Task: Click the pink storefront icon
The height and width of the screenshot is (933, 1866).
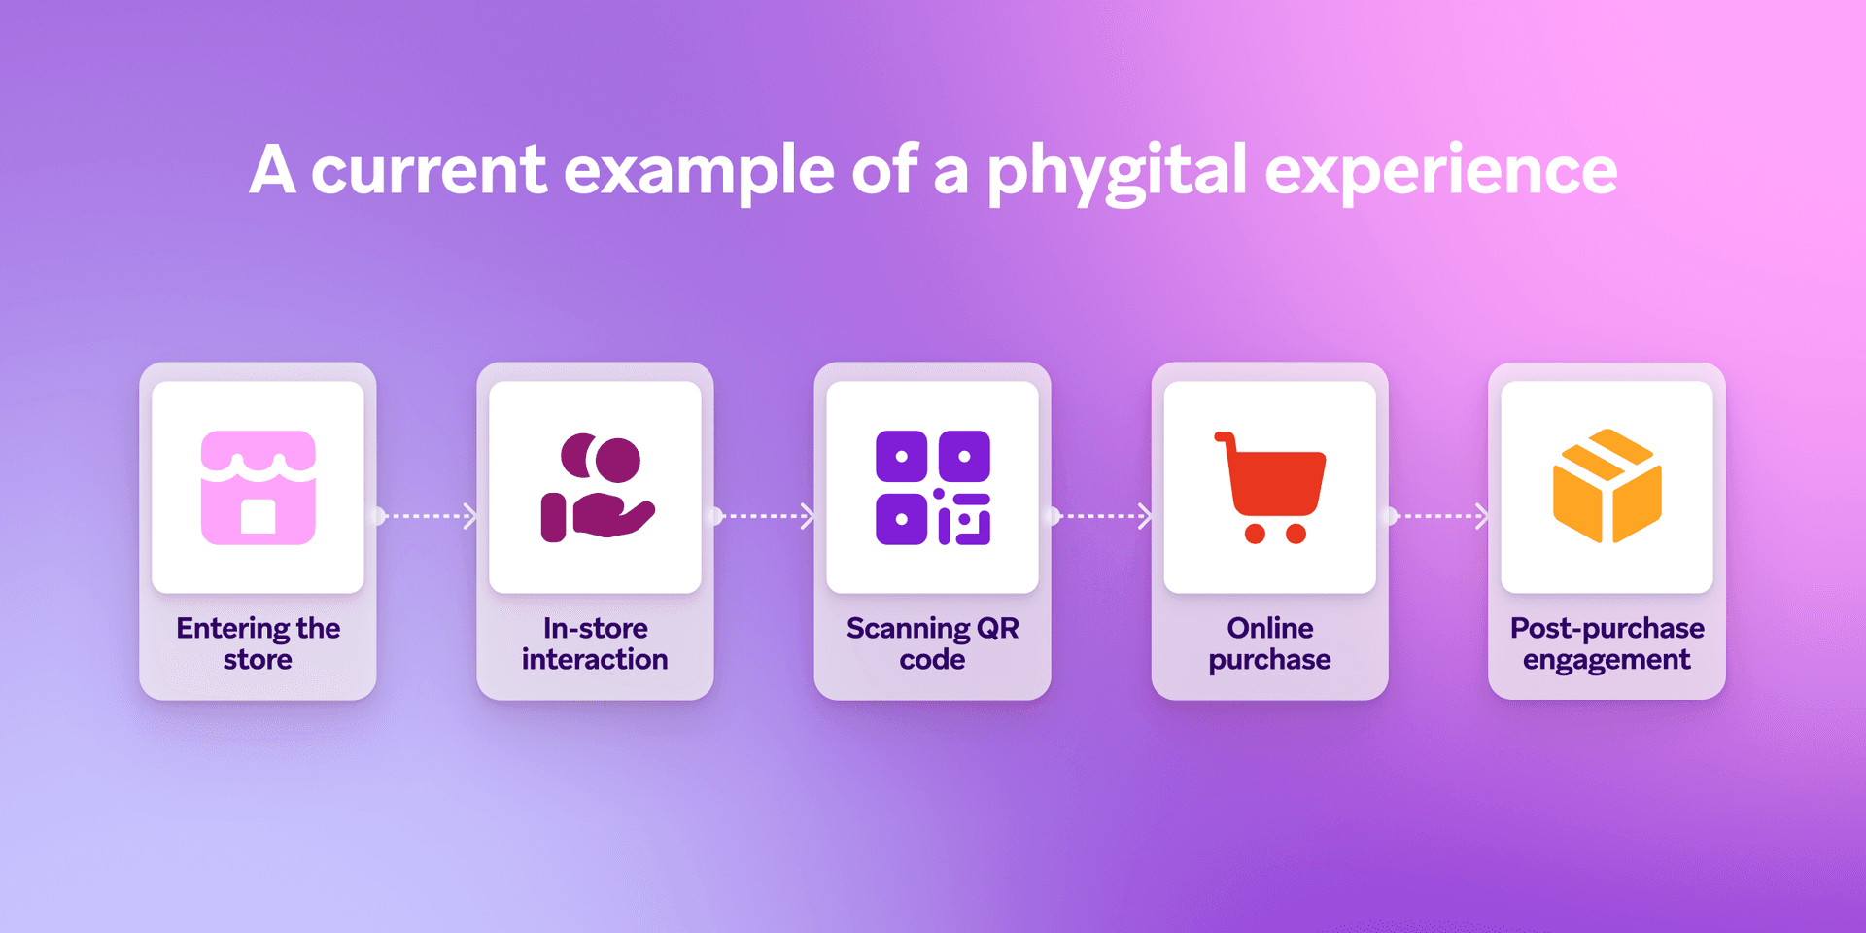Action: click(259, 488)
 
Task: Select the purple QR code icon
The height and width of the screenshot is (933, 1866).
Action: click(933, 488)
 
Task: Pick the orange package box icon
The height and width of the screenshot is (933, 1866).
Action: click(1607, 486)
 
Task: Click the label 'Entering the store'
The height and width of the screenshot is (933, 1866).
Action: click(259, 643)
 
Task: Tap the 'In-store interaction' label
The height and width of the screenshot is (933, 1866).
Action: click(595, 643)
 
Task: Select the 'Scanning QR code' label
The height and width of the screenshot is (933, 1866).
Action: click(933, 643)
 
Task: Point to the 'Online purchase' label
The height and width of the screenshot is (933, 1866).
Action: click(1270, 643)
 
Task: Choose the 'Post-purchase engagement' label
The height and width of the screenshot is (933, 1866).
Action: click(1607, 643)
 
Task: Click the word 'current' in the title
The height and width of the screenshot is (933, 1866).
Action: click(429, 171)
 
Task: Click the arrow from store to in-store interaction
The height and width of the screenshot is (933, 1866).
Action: click(427, 516)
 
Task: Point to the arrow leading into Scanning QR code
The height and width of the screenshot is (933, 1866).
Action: click(764, 516)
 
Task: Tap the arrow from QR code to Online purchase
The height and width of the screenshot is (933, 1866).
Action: click(1101, 516)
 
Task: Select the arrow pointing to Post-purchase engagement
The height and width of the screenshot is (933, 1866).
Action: click(1438, 516)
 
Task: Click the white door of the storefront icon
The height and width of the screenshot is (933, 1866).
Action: click(259, 516)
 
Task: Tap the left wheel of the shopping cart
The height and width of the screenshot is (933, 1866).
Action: click(1255, 534)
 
